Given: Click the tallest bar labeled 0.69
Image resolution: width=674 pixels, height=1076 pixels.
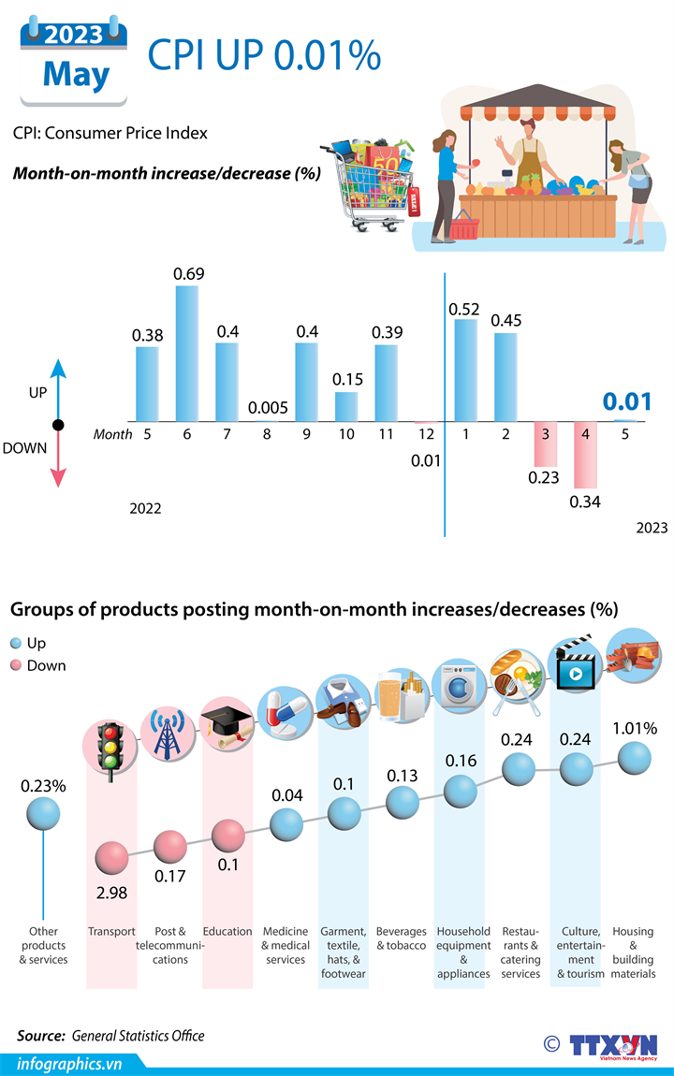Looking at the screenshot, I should point(187,353).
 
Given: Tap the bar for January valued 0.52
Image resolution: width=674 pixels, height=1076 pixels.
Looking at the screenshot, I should point(465,370).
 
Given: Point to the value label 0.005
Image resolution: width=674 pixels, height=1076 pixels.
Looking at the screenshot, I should point(267,409).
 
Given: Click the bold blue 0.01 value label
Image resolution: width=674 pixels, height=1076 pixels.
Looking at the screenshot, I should point(626,401).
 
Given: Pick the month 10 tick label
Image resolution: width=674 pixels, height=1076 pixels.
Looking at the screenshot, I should point(346,434).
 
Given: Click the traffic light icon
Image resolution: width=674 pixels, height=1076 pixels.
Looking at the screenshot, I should point(111,746).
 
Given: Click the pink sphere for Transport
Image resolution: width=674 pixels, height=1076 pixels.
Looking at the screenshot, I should point(111,855).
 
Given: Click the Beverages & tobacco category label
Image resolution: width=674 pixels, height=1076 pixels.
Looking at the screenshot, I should point(401,938).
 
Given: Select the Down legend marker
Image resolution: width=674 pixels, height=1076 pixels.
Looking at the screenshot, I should point(15,665).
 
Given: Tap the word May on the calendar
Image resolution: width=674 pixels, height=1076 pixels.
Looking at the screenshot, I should point(76,75).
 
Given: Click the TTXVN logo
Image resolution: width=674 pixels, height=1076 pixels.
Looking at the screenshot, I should point(613,1044).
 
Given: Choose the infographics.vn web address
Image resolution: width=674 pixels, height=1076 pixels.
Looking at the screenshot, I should point(70,1063).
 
